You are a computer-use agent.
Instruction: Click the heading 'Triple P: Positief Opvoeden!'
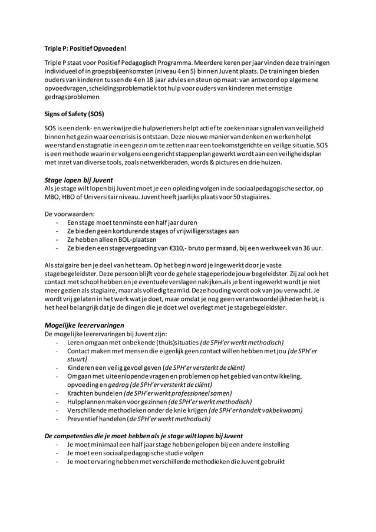tap(85, 48)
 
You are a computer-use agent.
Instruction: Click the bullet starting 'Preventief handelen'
tap(138, 419)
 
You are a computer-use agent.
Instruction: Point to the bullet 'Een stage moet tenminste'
tap(132, 221)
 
